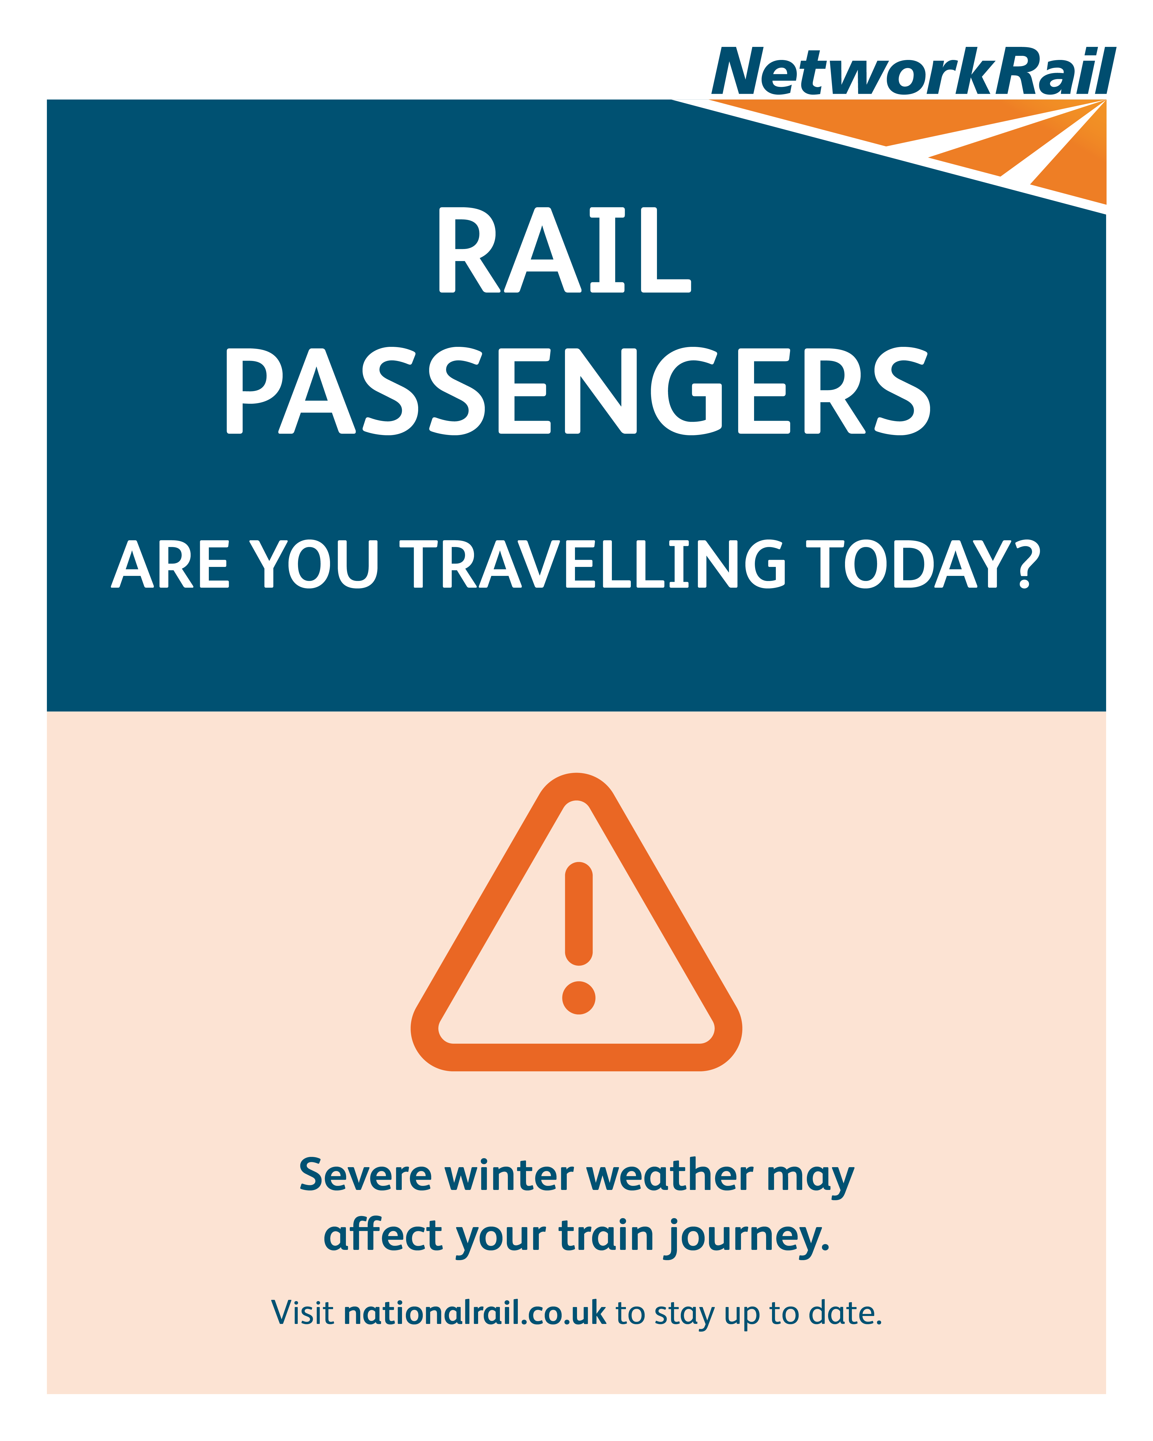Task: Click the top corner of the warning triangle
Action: click(x=576, y=774)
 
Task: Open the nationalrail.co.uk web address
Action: click(x=475, y=1313)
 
